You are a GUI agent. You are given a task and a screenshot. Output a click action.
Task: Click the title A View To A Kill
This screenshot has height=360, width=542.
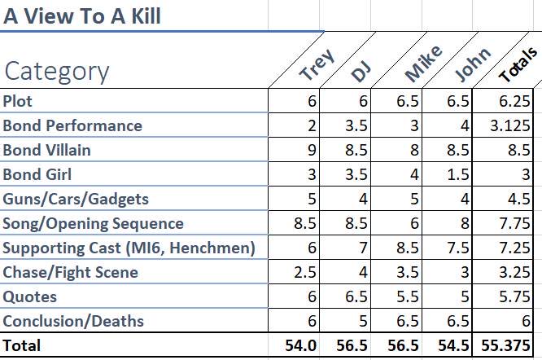point(82,16)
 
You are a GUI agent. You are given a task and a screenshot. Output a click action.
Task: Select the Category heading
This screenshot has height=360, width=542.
point(57,72)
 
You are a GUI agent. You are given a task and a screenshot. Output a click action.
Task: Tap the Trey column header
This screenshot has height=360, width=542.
point(317,64)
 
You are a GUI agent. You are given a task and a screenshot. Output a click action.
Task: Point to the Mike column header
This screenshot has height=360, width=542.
point(423,64)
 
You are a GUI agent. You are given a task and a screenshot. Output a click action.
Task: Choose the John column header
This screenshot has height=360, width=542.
point(472,64)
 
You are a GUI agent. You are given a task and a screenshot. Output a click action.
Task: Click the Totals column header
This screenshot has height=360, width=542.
point(518,65)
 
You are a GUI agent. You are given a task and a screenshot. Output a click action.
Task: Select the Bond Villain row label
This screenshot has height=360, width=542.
point(46,150)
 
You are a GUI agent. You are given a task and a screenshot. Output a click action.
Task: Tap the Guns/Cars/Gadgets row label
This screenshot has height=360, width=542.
point(76,200)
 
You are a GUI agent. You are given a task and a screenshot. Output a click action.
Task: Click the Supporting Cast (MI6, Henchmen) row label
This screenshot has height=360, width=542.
point(129,248)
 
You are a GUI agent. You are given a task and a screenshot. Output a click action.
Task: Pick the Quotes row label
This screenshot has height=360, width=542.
point(30,297)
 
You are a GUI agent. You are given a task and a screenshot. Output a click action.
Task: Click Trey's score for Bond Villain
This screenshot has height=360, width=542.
point(312,150)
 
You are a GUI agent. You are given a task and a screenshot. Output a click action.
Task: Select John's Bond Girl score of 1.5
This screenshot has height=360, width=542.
point(458,174)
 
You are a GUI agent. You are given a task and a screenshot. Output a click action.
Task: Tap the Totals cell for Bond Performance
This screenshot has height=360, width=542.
point(510,125)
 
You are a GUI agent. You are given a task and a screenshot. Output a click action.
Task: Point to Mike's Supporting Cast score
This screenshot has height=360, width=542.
point(408,248)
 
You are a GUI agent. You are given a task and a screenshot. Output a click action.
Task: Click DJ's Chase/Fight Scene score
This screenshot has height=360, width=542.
point(363,273)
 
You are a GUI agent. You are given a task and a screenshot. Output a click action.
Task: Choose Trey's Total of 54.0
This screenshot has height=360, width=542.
point(301,345)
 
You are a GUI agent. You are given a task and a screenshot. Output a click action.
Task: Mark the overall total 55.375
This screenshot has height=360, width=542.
point(505,345)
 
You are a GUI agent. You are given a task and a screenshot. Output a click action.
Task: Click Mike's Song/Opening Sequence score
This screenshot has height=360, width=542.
point(414,223)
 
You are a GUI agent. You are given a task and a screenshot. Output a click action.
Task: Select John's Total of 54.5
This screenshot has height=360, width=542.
point(454,345)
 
